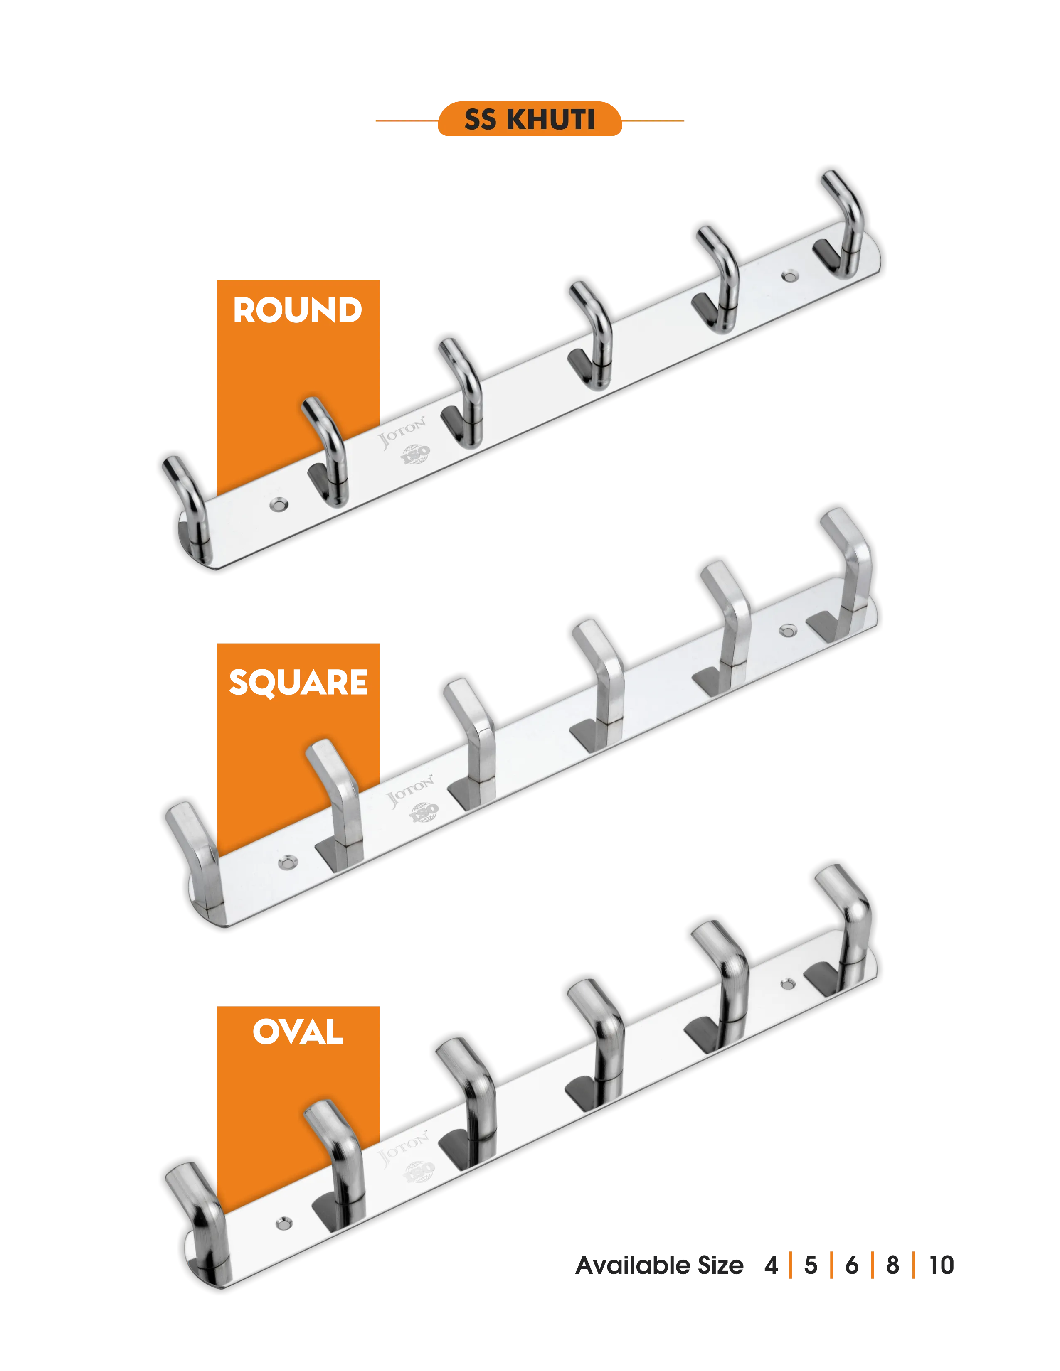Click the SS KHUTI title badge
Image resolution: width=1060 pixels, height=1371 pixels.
pyautogui.click(x=529, y=119)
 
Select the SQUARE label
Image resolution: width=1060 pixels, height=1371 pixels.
pyautogui.click(x=299, y=682)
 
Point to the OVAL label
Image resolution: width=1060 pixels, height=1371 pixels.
pyautogui.click(x=299, y=1033)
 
